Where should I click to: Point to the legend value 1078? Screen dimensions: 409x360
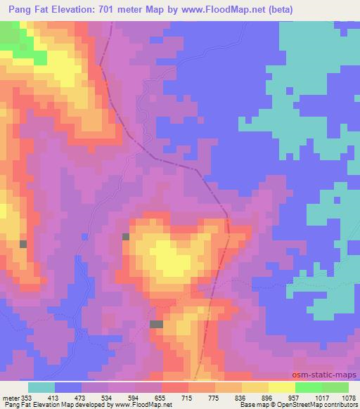click(x=349, y=398)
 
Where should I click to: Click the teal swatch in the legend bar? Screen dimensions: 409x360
click(x=41, y=387)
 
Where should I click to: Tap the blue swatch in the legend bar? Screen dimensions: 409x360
click(x=68, y=387)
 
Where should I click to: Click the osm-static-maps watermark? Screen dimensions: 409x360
click(x=330, y=376)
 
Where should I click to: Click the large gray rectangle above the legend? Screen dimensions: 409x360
click(x=156, y=324)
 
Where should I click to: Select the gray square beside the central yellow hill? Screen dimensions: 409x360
click(x=126, y=237)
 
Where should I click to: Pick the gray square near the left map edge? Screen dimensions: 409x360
click(x=23, y=244)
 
